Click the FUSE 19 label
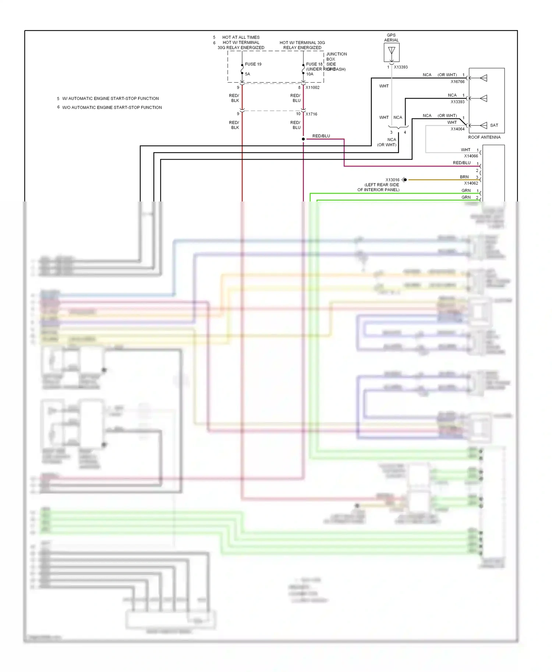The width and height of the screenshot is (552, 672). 253,64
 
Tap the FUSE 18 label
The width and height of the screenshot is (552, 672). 314,64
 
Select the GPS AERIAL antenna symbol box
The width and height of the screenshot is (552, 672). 392,53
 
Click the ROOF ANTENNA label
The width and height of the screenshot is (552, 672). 484,137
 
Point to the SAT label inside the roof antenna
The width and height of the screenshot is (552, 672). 494,125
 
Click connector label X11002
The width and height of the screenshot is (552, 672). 312,87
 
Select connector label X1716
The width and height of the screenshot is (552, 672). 311,114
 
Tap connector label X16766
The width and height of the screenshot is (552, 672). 457,82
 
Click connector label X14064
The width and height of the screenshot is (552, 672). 457,129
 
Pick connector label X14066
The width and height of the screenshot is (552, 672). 471,156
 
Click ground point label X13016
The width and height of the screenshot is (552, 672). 392,180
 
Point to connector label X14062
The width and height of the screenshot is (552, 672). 471,183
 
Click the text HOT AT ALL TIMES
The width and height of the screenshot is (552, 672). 241,37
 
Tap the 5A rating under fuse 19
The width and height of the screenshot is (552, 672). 247,74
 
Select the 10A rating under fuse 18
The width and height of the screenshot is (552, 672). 309,74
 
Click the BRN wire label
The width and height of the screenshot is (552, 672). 464,177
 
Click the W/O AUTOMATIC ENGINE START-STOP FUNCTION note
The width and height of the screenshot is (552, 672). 112,107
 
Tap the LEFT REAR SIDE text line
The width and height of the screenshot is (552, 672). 382,185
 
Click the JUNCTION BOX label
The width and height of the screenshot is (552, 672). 336,56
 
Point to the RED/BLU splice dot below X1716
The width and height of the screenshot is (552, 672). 303,139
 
